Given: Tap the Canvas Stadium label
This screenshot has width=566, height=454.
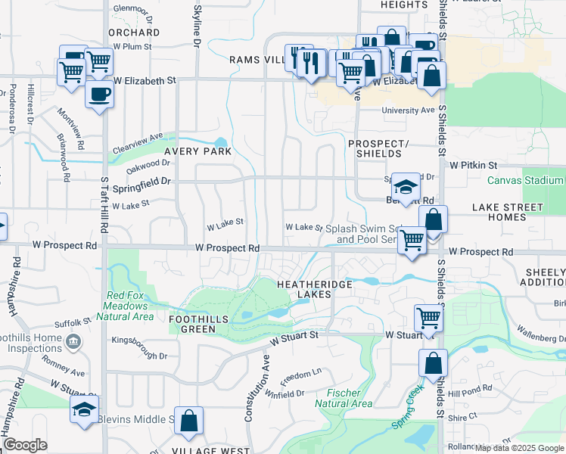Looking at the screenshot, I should click(525, 180).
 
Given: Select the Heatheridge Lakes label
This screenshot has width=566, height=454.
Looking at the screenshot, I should click(305, 288).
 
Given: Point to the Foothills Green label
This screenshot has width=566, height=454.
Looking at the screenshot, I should click(199, 319).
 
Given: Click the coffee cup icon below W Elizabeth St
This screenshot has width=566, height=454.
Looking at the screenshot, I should click(99, 95).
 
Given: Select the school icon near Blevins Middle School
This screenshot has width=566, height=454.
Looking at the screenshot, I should click(84, 410).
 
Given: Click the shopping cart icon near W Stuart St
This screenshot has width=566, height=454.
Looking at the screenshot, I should click(428, 317).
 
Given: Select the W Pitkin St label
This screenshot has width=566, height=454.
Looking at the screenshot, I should click(473, 164).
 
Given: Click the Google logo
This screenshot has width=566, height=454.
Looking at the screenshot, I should click(25, 446).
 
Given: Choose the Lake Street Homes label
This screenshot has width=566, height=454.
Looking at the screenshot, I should click(508, 212).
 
